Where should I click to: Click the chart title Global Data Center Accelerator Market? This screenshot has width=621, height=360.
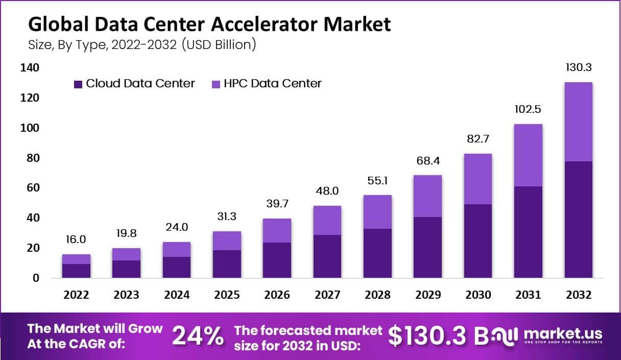[209, 24]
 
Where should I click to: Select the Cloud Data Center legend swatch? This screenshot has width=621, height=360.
[78, 84]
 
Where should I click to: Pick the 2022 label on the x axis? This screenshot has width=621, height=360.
[76, 295]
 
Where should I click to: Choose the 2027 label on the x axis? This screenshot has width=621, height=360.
[327, 295]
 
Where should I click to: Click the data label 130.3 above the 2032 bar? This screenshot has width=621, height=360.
[578, 68]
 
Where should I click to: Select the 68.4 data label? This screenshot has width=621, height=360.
[427, 162]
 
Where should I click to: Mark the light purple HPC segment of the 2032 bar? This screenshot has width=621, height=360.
[578, 122]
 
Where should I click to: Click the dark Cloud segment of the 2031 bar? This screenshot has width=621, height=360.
[528, 232]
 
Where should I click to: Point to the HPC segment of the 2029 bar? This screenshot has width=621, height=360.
[427, 196]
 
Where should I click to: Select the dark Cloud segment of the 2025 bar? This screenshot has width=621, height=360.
[227, 264]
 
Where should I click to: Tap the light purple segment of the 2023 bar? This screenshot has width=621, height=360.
[126, 254]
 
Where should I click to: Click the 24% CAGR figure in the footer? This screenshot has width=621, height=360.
[198, 336]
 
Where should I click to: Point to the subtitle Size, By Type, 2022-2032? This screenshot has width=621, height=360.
[142, 45]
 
